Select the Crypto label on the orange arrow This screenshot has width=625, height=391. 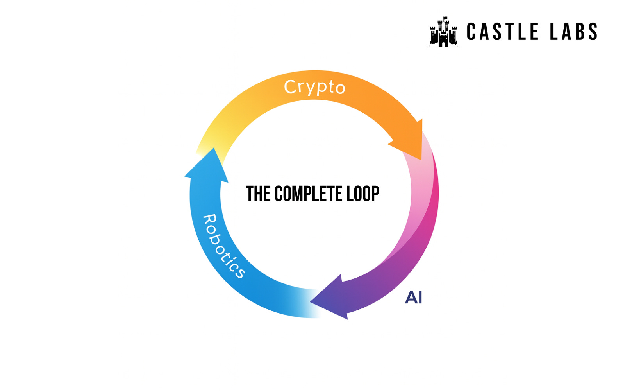click(x=315, y=87)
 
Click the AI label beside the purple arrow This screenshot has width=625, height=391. click(x=414, y=298)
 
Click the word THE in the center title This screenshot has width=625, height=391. click(x=258, y=194)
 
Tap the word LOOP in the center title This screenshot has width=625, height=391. click(x=363, y=194)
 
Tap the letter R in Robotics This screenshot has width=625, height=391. click(x=210, y=221)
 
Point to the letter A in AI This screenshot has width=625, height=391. click(x=410, y=298)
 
